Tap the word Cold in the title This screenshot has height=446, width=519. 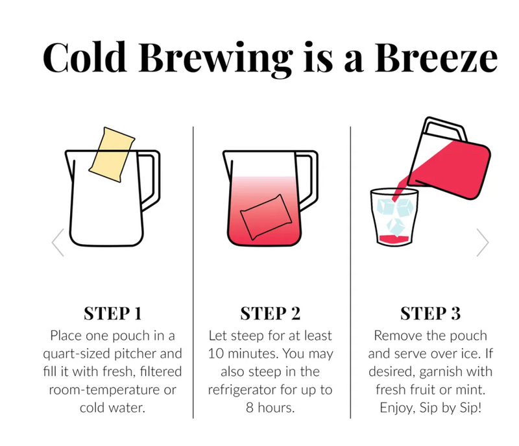point(85,56)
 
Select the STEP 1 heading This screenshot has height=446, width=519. point(113,314)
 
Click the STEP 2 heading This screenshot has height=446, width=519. point(270,314)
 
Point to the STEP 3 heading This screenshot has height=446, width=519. point(430,314)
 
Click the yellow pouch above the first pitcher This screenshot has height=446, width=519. point(112,155)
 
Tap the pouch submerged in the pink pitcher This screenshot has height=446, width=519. point(266,217)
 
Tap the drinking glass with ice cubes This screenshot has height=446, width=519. point(394,217)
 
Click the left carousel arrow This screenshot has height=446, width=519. point(58,242)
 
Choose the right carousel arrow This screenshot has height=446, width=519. point(483,242)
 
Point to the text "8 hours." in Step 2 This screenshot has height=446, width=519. point(270,408)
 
